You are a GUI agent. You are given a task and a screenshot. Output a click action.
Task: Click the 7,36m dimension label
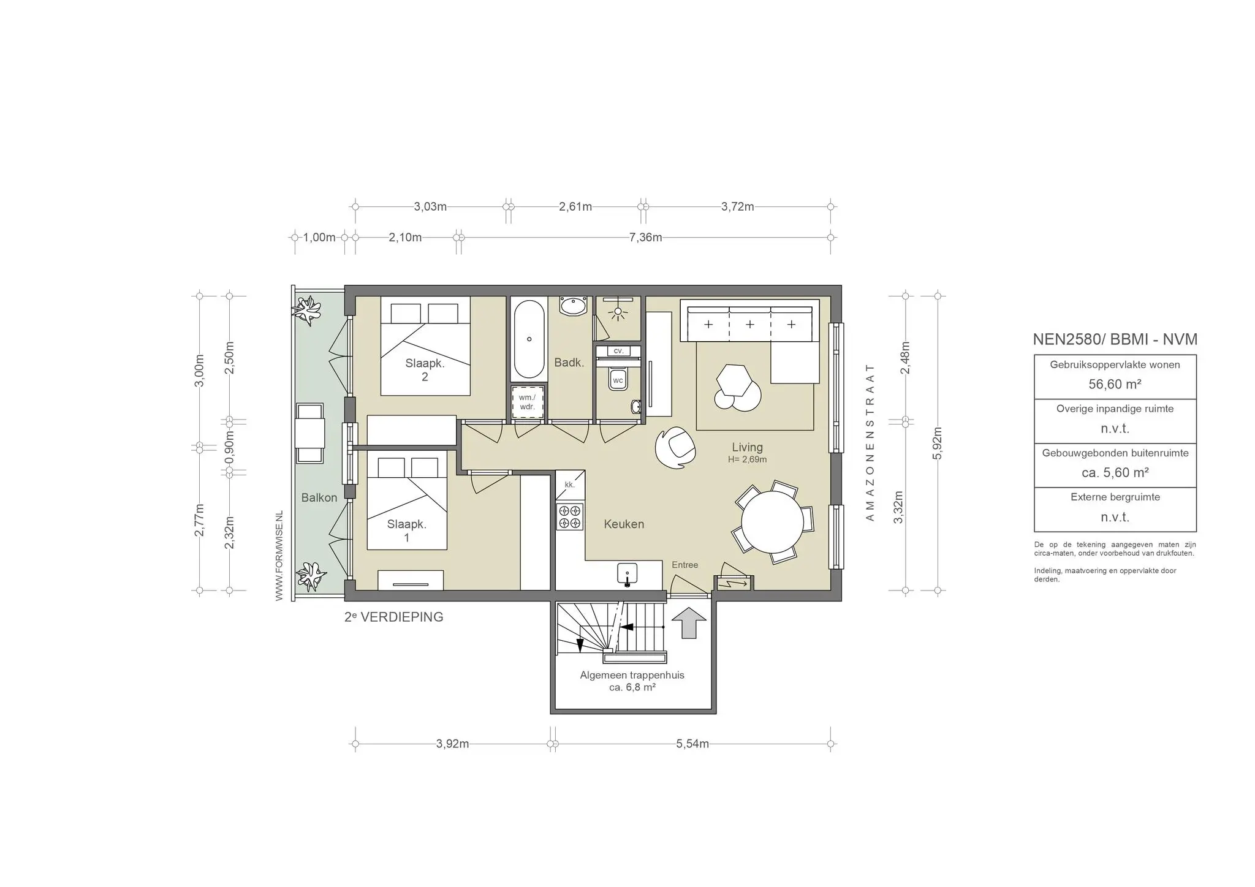[645, 238]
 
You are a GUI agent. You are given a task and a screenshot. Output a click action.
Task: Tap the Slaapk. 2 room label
[425, 370]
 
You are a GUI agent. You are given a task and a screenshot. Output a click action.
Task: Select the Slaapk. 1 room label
[406, 531]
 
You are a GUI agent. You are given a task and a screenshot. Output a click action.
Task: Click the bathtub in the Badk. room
[529, 339]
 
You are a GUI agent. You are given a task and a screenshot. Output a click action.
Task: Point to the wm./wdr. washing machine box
[527, 402]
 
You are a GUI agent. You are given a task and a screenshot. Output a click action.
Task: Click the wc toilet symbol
[618, 380]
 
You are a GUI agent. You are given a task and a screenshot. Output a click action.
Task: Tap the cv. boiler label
[618, 351]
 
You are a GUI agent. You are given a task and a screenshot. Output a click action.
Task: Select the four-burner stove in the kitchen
[569, 516]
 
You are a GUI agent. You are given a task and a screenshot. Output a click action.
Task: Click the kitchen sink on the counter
[627, 575]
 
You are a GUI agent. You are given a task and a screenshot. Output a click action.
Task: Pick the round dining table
[772, 522]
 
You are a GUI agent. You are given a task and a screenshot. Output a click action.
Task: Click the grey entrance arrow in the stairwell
[689, 622]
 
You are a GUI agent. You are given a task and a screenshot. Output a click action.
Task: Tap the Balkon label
[319, 498]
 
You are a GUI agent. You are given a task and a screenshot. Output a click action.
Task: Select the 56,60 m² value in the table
[1115, 384]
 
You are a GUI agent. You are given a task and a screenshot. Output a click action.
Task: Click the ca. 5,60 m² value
[1115, 473]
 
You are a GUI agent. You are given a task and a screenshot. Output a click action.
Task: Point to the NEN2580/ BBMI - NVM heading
[1115, 339]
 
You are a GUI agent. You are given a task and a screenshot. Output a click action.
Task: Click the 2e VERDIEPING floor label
[394, 617]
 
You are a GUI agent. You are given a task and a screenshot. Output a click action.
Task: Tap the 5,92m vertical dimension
[937, 442]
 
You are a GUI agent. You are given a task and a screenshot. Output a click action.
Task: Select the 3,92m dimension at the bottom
[452, 744]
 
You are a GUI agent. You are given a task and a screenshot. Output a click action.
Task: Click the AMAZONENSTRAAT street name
[869, 442]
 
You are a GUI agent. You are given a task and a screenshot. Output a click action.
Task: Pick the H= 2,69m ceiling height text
[747, 459]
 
